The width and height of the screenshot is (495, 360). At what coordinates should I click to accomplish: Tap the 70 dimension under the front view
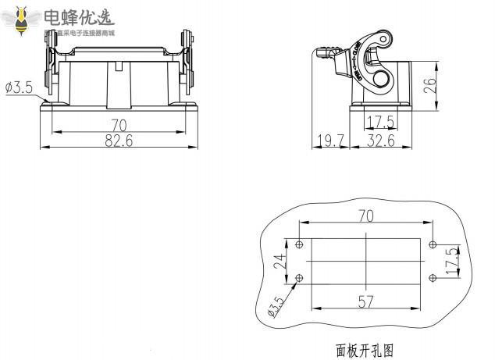[x=119, y=125]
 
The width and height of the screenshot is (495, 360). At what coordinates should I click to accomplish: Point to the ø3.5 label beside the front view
[x=18, y=87]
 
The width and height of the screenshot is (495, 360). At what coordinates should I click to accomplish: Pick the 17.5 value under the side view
[x=380, y=123]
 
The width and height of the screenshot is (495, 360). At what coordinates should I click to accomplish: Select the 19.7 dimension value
[x=331, y=141]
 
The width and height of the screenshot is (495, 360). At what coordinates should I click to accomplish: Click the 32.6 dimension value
[x=380, y=141]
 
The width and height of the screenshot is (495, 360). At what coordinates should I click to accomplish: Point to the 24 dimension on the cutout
[x=280, y=262]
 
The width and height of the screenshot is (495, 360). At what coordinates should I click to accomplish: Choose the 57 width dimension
[x=365, y=302]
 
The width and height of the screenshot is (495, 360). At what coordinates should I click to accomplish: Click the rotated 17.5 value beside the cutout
[x=451, y=261]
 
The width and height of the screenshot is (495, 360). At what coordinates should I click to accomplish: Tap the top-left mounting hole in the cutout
[x=301, y=244]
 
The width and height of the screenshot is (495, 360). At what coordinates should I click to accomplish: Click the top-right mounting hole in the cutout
[x=431, y=244]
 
